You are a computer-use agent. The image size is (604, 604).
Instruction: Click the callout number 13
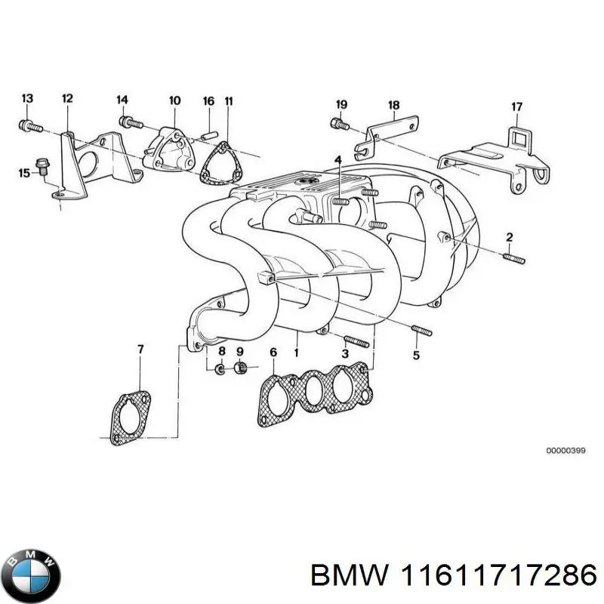27,99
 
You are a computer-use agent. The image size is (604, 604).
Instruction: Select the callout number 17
516,107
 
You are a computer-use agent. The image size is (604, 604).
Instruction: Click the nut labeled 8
220,368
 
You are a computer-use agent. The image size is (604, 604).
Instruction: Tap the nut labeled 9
242,368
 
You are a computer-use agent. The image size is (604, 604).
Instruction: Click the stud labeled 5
421,330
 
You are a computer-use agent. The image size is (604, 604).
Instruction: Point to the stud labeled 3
356,341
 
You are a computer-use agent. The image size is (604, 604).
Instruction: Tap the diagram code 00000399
565,451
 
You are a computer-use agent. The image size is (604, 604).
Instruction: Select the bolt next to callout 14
131,120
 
